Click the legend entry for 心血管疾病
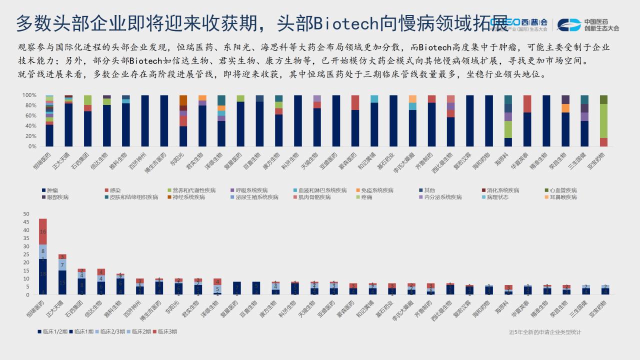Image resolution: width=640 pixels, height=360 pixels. tap(563, 190)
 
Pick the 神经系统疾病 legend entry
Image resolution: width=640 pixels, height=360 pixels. tap(186, 197)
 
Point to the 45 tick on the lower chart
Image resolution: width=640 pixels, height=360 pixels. tap(26, 222)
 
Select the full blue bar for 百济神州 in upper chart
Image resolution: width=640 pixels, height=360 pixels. tap(144, 120)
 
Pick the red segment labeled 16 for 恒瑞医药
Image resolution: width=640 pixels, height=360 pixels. tap(43, 231)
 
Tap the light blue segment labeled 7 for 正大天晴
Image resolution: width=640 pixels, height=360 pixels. tap(62, 264)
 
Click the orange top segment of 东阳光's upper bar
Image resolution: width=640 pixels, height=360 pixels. tap(183, 100)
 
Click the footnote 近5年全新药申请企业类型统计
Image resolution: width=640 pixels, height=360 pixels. tap(545, 332)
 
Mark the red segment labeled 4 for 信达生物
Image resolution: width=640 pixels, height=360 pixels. tap(101, 272)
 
